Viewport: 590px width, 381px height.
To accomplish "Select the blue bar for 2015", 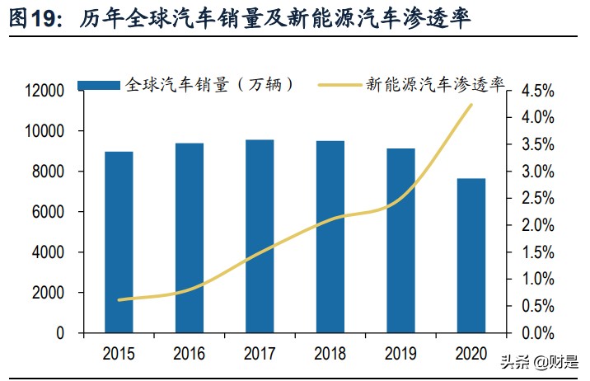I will click(x=119, y=242).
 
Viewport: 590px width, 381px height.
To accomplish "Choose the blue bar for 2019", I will click(x=400, y=241).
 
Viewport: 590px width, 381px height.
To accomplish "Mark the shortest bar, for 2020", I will click(x=471, y=256).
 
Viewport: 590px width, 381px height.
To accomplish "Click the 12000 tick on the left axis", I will click(x=49, y=91).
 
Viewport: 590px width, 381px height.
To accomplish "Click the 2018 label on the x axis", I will click(x=330, y=355).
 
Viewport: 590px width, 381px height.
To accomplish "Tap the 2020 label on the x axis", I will click(x=471, y=355).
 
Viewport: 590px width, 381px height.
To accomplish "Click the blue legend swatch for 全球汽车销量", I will click(x=100, y=85).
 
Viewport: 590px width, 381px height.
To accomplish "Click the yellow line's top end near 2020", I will click(x=471, y=105).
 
